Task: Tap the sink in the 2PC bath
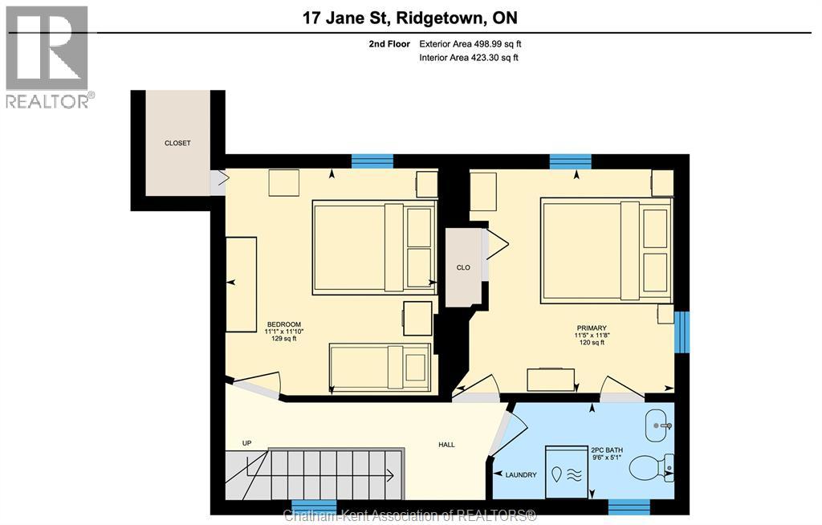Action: (659, 420)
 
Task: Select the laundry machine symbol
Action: (567, 472)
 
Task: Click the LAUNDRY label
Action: (521, 475)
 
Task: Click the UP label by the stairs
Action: (247, 443)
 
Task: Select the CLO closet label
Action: (463, 267)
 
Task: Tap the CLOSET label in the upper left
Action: (177, 143)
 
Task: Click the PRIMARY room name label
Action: (591, 328)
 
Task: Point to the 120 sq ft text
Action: (591, 343)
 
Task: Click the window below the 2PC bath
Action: (629, 507)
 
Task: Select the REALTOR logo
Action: (48, 56)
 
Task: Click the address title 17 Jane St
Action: (410, 17)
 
